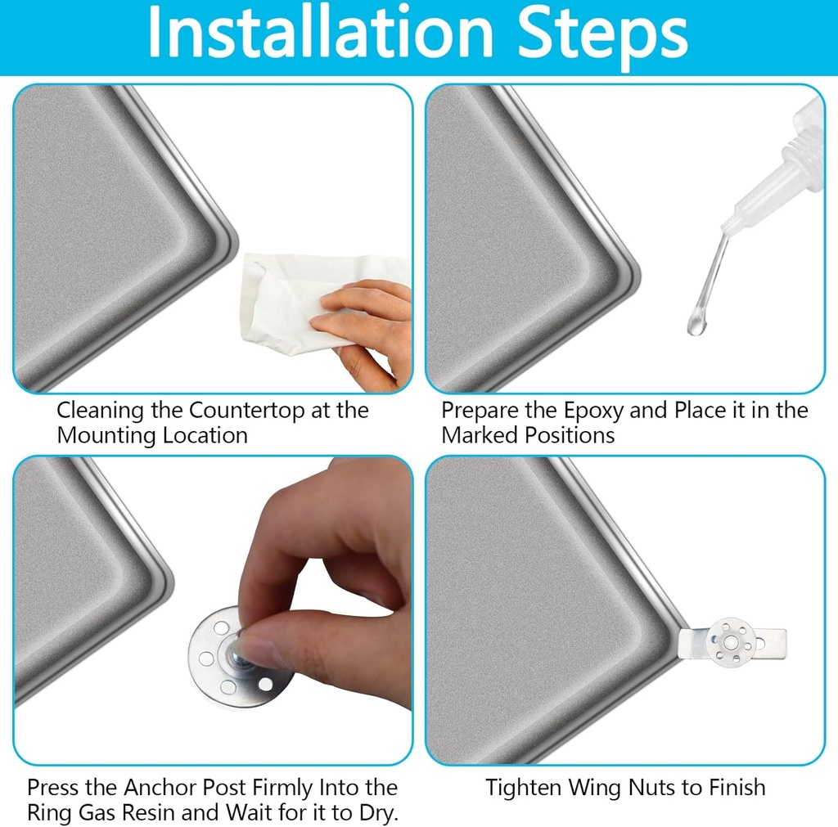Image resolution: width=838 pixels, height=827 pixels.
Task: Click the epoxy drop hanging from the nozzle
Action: pyautogui.click(x=696, y=325)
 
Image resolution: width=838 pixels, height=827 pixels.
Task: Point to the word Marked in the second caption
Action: pyautogui.click(x=480, y=435)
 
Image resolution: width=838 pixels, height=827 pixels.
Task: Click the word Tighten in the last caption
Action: pyautogui.click(x=523, y=788)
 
